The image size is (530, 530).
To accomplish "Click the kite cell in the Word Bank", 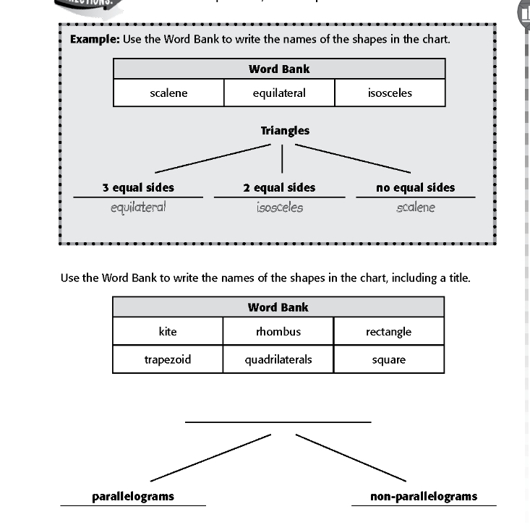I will tap(168, 332).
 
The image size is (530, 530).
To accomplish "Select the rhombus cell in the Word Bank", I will tap(278, 332).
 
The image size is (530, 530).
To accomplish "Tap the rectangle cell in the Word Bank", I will tap(389, 332).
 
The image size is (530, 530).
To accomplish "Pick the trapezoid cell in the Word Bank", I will tap(168, 359).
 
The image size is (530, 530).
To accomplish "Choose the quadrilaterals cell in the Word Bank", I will tap(278, 359).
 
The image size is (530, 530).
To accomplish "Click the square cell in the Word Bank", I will tap(389, 359).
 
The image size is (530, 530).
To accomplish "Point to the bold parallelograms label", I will tap(133, 496).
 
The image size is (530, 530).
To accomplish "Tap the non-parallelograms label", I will tap(424, 496).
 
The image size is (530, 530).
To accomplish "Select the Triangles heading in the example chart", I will tap(285, 131).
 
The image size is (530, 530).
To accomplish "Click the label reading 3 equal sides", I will tap(138, 187).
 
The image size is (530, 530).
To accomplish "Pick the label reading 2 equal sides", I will tap(279, 187).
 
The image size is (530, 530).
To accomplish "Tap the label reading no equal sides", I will tap(416, 187).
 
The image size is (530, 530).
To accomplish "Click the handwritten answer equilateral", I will tap(138, 208).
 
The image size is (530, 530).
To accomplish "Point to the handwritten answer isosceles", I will tap(279, 208).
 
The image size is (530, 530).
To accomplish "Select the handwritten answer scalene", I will tap(416, 208).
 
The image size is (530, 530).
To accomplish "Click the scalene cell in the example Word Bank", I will tap(168, 93).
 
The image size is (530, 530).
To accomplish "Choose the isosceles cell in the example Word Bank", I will tap(390, 93).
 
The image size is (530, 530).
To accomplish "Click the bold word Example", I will tap(94, 38).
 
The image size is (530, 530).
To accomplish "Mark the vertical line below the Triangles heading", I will tap(282, 158).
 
